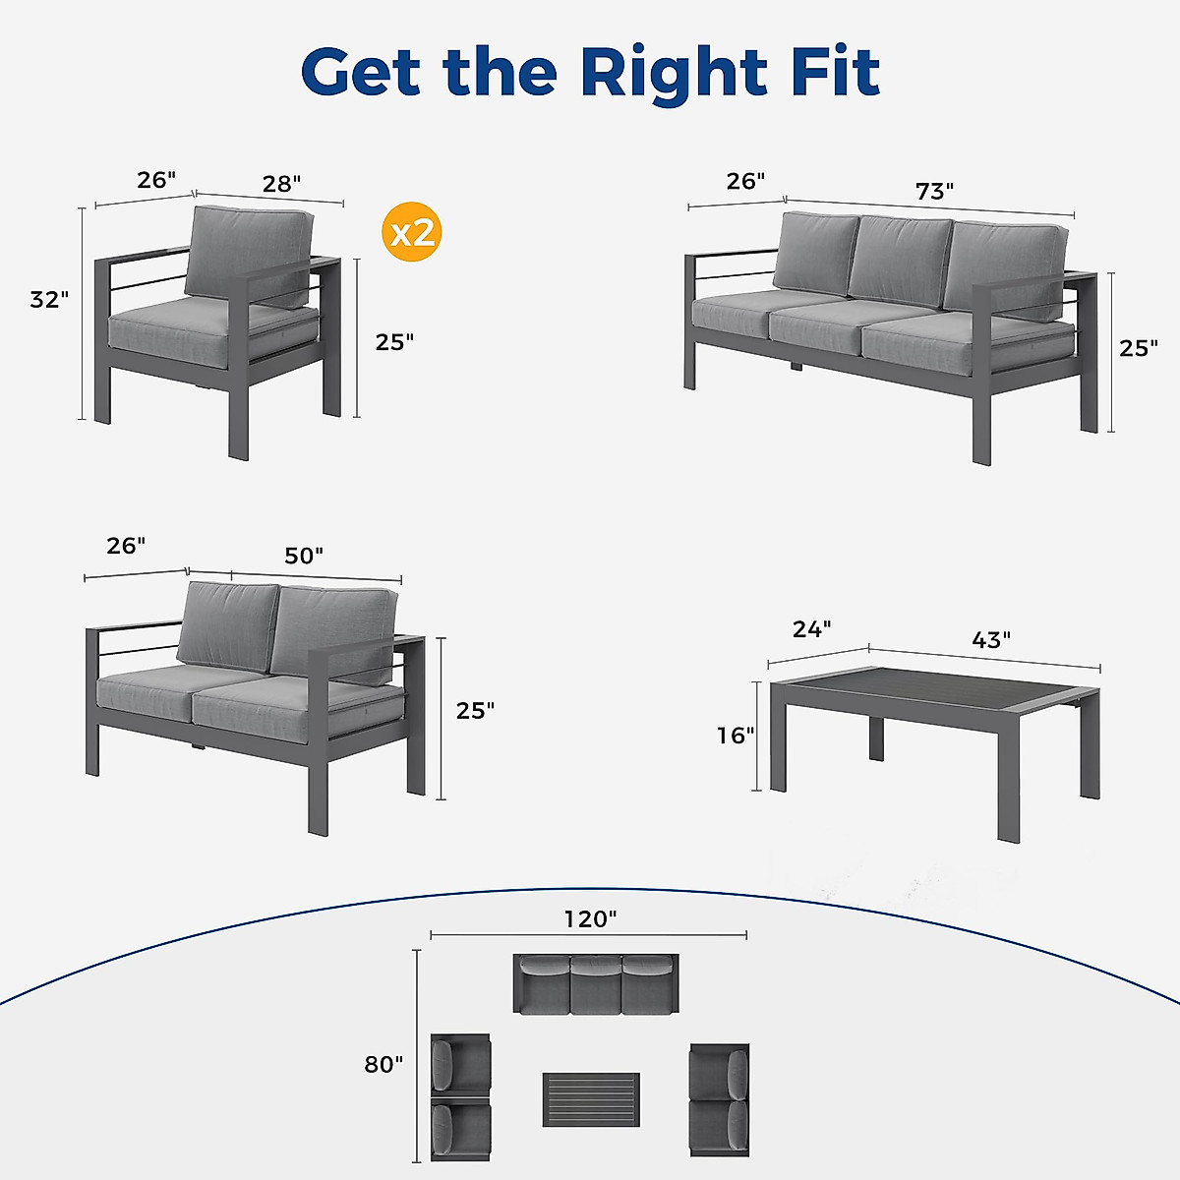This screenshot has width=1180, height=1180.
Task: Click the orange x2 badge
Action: point(411,233)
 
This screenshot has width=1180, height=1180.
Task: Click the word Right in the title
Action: point(674,72)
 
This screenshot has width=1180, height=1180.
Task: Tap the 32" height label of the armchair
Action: point(49,300)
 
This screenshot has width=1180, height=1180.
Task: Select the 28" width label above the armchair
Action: point(281,184)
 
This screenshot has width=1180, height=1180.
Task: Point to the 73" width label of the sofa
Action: point(934,191)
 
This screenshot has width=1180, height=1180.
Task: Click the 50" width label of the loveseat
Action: point(304,556)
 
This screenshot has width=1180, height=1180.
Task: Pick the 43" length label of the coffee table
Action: point(991,640)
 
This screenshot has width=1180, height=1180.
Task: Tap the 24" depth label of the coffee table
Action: point(812,628)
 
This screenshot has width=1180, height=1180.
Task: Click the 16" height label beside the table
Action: point(736,736)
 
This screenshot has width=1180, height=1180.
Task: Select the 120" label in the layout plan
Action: point(590,919)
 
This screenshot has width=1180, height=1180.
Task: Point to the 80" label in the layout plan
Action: point(383,1065)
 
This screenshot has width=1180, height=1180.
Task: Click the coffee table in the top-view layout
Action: point(591,1099)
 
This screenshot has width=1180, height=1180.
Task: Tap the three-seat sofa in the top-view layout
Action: point(596,983)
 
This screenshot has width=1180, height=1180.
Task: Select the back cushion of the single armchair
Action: point(248,254)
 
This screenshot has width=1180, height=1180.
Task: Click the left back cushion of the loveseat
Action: point(227,624)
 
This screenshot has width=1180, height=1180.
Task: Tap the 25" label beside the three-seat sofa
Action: point(1139,348)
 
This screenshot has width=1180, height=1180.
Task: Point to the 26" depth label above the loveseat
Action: point(126,547)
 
